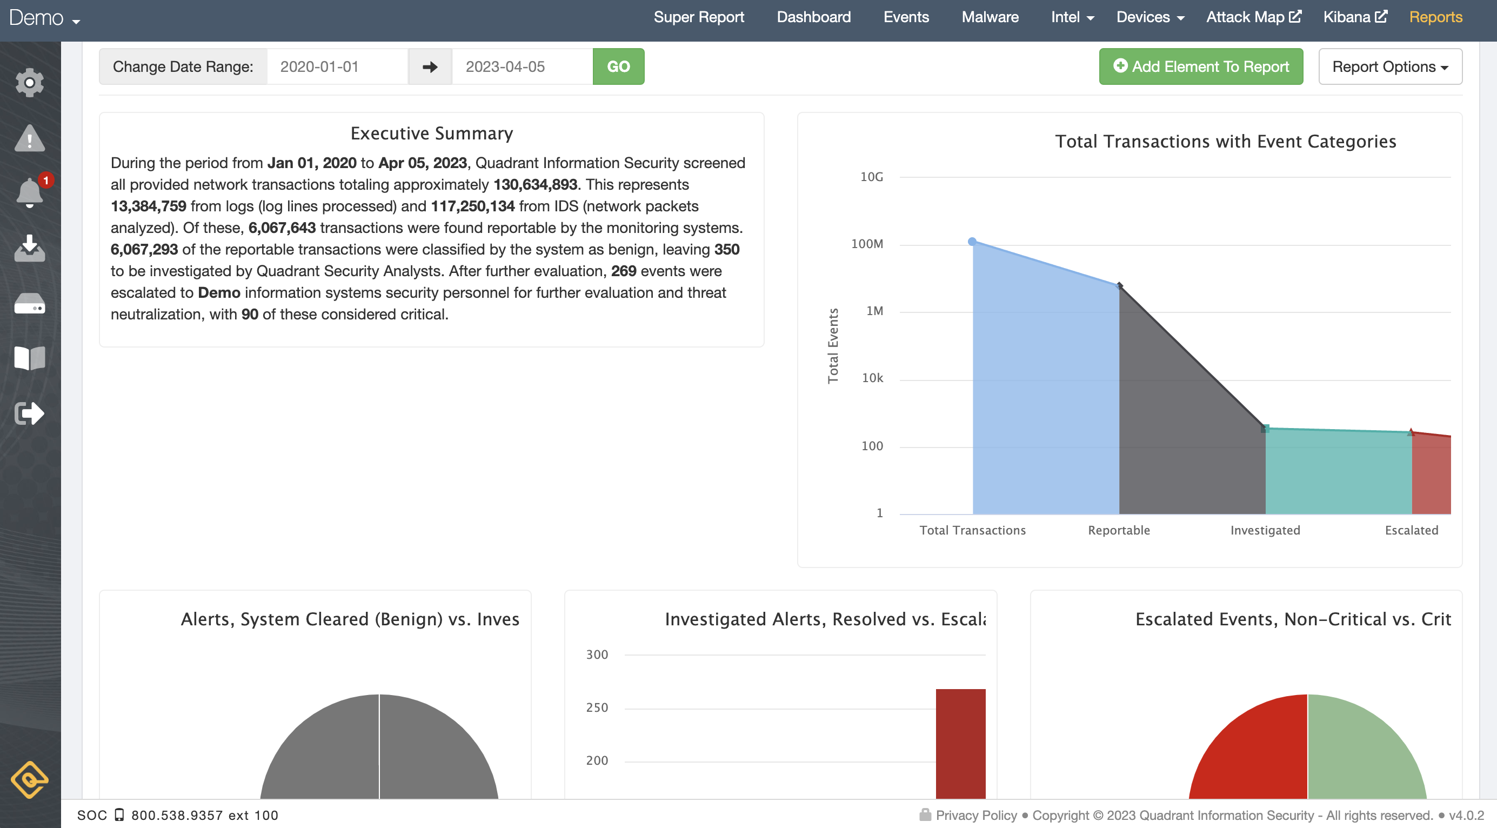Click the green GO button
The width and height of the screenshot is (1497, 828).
pos(618,67)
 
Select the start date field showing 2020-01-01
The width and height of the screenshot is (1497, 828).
pos(337,67)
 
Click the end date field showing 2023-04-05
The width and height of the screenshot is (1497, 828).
pos(522,67)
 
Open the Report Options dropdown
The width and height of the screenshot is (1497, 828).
pos(1389,67)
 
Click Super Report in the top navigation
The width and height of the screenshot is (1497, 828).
pos(699,17)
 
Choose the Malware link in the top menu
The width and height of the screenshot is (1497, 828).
pos(990,17)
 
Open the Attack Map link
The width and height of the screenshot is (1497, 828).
pos(1253,17)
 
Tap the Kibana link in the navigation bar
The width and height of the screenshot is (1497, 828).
pos(1355,17)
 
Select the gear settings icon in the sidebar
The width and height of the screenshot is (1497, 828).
pos(30,83)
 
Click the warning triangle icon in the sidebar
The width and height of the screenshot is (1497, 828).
pos(30,138)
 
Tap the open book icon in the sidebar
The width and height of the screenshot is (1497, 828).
pos(30,358)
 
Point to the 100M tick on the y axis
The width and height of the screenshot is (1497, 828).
pos(866,244)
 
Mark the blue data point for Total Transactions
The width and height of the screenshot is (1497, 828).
pos(972,242)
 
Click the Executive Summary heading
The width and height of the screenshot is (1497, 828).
pos(432,133)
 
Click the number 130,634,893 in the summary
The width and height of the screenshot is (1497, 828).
pos(534,185)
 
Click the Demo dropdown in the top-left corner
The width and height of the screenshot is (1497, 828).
pos(44,18)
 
